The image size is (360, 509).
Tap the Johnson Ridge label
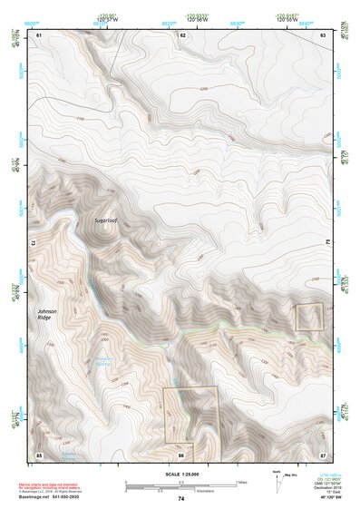(52, 316)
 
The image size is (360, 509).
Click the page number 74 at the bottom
(181, 499)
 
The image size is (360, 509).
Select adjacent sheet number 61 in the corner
(39, 34)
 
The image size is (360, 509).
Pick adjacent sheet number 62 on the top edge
(182, 34)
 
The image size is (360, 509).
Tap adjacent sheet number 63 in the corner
(324, 34)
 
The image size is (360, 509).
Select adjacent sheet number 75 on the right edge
(327, 243)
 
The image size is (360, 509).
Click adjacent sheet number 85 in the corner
(39, 453)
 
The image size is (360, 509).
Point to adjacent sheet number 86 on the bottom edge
(182, 454)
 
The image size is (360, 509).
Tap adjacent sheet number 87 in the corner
(324, 453)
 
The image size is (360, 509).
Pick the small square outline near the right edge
(309, 318)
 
